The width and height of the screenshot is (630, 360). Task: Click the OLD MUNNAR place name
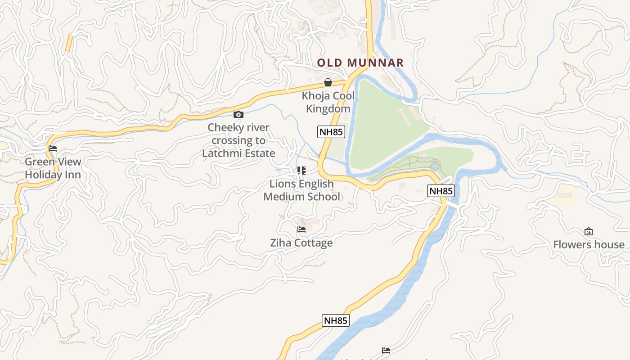pyautogui.click(x=360, y=63)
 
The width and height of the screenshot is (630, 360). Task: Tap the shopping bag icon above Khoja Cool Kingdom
pyautogui.click(x=328, y=82)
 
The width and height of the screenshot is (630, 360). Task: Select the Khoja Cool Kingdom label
pyautogui.click(x=328, y=102)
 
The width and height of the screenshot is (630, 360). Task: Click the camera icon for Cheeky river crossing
pyautogui.click(x=238, y=115)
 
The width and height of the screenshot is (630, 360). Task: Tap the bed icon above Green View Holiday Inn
pyautogui.click(x=53, y=148)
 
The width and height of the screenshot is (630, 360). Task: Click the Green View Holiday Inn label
pyautogui.click(x=53, y=168)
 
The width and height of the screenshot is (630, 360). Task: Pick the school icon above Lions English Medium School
pyautogui.click(x=301, y=171)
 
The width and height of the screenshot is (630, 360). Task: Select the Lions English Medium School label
pyautogui.click(x=301, y=190)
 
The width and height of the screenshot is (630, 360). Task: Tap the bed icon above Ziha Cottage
pyautogui.click(x=301, y=229)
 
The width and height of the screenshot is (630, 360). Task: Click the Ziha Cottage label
pyautogui.click(x=301, y=243)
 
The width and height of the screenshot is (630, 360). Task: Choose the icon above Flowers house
pyautogui.click(x=588, y=232)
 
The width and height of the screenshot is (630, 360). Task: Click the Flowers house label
pyautogui.click(x=589, y=245)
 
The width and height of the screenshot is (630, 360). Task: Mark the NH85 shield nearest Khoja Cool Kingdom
pyautogui.click(x=331, y=132)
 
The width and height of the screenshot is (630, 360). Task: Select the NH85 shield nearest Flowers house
pyautogui.click(x=441, y=191)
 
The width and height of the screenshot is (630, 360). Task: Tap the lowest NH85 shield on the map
pyautogui.click(x=336, y=320)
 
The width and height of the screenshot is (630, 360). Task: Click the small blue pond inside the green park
pyautogui.click(x=435, y=166)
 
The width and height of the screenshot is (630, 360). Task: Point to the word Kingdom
pyautogui.click(x=328, y=109)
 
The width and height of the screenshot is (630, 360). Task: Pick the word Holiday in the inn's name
pyautogui.click(x=41, y=175)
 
